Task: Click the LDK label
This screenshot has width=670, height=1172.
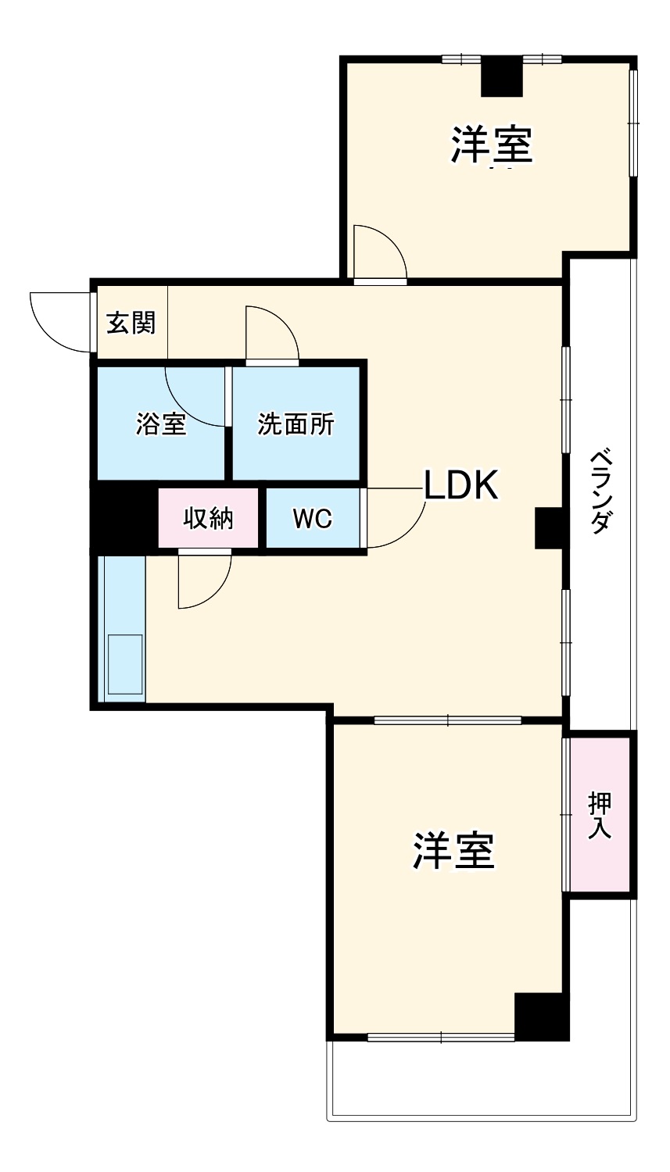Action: [x=460, y=486]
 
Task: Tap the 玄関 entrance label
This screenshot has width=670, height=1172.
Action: [x=131, y=323]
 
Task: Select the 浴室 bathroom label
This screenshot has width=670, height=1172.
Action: [x=160, y=424]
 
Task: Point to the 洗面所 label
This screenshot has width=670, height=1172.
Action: [x=296, y=424]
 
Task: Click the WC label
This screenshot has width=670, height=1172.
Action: [x=312, y=518]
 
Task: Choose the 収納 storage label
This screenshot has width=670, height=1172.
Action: [x=208, y=518]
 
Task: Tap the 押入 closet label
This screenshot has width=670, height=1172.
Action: [x=599, y=815]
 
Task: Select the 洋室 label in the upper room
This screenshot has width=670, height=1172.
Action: [x=491, y=145]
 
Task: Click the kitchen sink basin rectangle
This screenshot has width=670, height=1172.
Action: [x=124, y=664]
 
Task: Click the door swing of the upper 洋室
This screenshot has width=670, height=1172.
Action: [x=378, y=252]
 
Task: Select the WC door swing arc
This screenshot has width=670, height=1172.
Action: [x=396, y=518]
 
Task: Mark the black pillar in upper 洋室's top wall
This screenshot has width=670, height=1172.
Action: [x=501, y=77]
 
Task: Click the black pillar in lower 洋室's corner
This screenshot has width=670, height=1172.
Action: [x=541, y=1017]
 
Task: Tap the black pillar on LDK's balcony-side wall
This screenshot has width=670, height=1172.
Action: [x=549, y=527]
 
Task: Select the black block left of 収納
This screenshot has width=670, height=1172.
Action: [x=124, y=518]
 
